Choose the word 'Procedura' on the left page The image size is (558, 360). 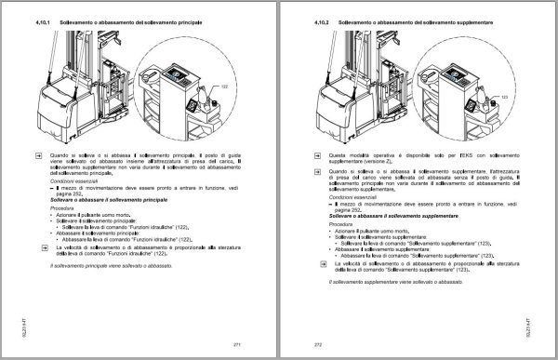[63, 208]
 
